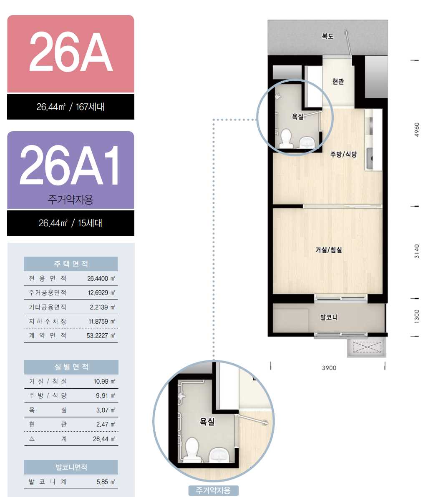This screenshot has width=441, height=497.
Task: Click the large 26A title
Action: [71, 52]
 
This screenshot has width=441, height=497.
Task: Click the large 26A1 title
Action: [70, 165]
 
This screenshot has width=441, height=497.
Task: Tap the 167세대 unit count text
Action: [90, 107]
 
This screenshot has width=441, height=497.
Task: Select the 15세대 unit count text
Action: [90, 223]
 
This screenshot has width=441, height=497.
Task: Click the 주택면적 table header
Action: [71, 264]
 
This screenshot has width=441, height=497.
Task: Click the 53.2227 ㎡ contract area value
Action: [101, 336]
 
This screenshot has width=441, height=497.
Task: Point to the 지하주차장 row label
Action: [48, 321]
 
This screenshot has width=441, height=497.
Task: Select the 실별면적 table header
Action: [71, 367]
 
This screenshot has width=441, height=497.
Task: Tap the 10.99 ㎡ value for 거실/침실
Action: [104, 382]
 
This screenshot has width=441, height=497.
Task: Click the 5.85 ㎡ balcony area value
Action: [106, 482]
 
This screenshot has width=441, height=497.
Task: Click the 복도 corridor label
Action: [328, 36]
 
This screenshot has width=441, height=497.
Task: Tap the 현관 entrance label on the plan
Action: [338, 82]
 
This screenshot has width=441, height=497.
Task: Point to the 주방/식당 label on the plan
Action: [343, 155]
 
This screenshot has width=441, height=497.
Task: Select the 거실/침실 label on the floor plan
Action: [329, 250]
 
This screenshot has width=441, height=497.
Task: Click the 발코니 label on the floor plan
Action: [329, 317]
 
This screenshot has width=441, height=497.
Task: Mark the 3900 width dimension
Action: [329, 368]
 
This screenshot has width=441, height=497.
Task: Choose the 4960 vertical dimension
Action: [417, 130]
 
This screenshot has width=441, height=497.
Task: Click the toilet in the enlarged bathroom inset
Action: [192, 450]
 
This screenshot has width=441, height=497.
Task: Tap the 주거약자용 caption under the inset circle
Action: [213, 490]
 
